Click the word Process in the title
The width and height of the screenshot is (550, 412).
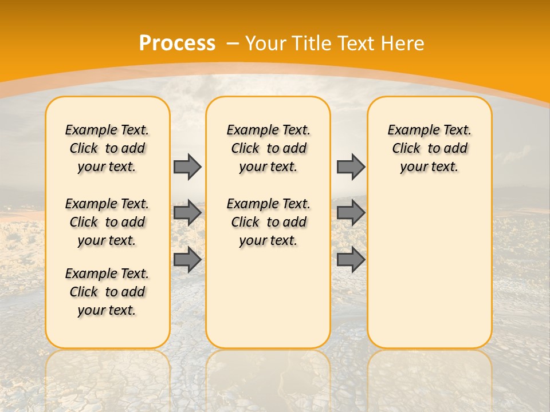tap(177, 43)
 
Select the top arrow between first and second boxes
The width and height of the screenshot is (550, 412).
tap(187, 167)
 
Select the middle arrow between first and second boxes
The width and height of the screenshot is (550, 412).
tap(187, 213)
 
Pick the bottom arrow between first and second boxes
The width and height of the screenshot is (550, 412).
tap(187, 260)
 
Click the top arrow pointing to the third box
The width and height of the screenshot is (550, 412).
tap(351, 167)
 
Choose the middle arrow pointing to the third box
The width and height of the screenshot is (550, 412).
tap(351, 213)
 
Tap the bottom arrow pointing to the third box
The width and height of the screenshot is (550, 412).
tap(351, 260)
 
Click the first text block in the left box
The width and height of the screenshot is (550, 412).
tap(107, 148)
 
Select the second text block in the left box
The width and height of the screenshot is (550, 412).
tap(107, 222)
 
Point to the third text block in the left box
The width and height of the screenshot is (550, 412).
tap(107, 292)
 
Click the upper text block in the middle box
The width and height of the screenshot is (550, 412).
tap(268, 148)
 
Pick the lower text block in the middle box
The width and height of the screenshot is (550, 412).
tap(268, 222)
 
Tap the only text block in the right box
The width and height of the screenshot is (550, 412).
tap(429, 148)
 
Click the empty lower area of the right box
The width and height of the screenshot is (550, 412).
tap(429, 269)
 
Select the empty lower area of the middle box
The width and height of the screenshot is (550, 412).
tap(268, 298)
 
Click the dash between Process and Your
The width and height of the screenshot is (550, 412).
tap(233, 43)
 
